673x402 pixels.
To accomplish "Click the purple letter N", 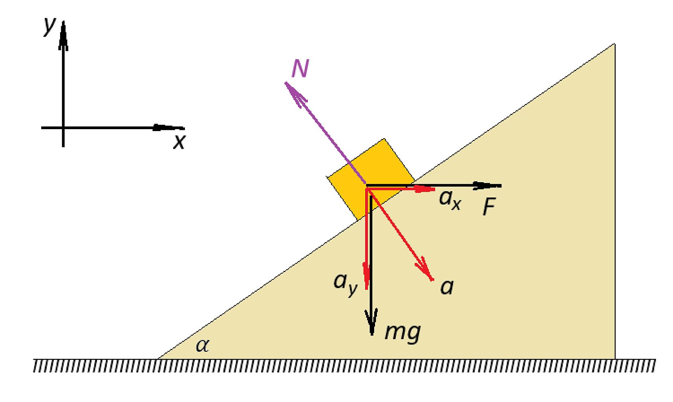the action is tap(300, 68).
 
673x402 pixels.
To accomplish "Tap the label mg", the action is tap(403, 333).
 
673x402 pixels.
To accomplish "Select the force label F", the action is tap(489, 206).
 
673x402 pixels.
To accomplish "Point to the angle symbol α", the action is tap(202, 345).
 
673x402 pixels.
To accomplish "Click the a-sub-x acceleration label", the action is tap(450, 200).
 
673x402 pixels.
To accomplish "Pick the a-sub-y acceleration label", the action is tap(346, 284).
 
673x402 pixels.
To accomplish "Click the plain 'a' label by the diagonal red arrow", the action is tap(447, 287).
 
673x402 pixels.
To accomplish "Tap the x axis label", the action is tap(179, 142).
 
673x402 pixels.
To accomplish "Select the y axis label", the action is tap(49, 26).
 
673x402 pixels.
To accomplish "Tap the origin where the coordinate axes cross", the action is tap(63, 128).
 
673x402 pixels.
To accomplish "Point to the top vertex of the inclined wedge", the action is tap(615, 44).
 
